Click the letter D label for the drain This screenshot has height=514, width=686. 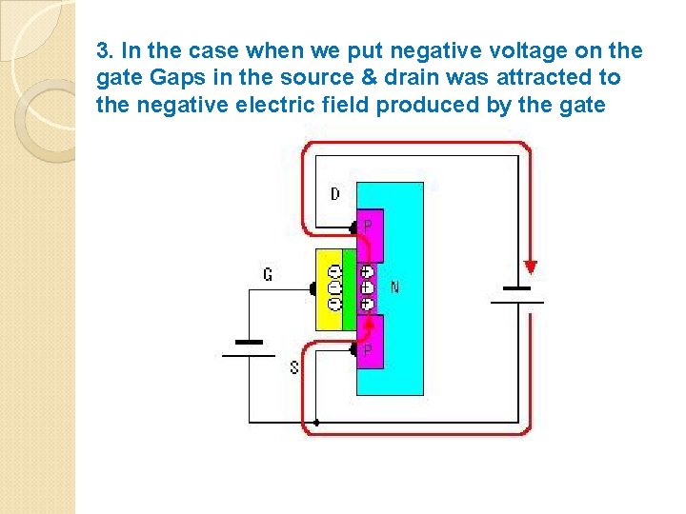(335, 194)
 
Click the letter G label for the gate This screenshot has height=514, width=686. (268, 275)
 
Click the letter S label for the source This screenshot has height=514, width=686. (293, 366)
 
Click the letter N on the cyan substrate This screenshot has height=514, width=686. (395, 286)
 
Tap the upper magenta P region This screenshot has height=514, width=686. (370, 234)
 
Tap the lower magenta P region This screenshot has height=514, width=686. (370, 339)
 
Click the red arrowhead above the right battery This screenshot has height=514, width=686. (530, 267)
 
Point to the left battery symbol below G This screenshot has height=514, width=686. (248, 347)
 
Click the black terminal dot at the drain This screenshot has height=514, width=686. (353, 227)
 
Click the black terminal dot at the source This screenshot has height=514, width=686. (353, 350)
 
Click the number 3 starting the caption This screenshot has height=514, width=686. (102, 50)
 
